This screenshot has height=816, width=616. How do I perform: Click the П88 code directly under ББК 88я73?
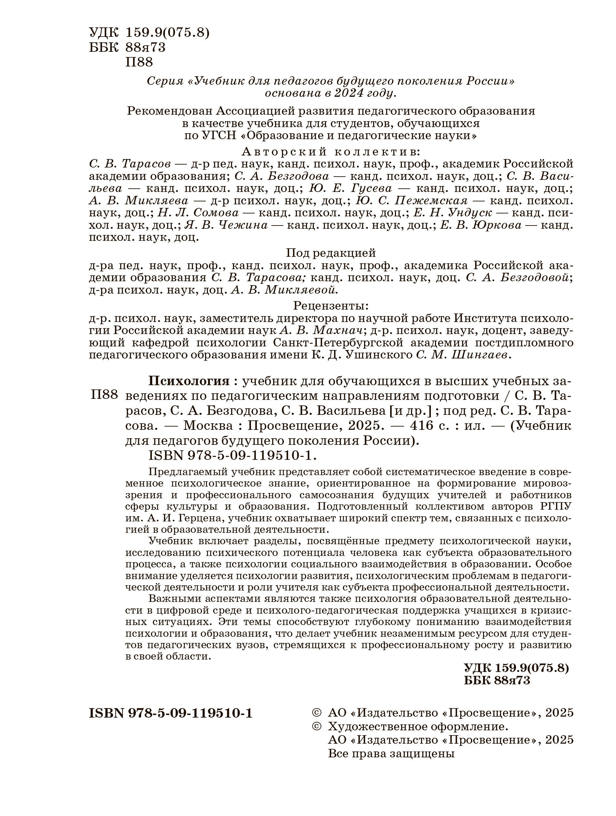point(139,62)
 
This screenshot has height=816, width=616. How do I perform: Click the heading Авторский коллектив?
point(330,152)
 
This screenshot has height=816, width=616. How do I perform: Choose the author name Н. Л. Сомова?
point(198,213)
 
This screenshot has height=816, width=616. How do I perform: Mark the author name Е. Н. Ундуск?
point(453,213)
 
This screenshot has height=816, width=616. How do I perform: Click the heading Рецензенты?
point(331,306)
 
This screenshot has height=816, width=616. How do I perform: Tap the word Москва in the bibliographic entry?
point(208,426)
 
